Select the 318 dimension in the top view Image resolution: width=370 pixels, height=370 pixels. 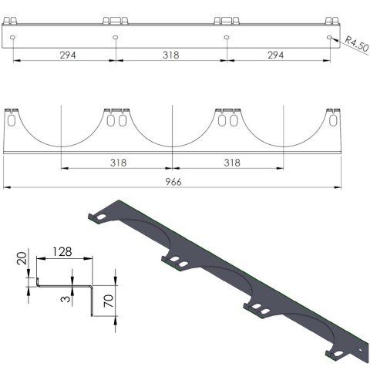[x=172, y=55]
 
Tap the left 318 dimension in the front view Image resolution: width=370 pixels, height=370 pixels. [x=117, y=163]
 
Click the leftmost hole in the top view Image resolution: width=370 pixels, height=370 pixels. [x=13, y=36]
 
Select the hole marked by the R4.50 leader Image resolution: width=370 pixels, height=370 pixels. [x=331, y=36]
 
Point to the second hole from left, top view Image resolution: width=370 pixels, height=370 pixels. [x=115, y=36]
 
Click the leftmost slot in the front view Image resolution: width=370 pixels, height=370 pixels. [x=12, y=121]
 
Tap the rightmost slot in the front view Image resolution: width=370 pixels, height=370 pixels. [x=333, y=121]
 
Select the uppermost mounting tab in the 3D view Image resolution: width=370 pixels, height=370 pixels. [x=100, y=218]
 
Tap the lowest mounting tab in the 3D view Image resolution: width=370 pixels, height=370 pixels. [x=340, y=353]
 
